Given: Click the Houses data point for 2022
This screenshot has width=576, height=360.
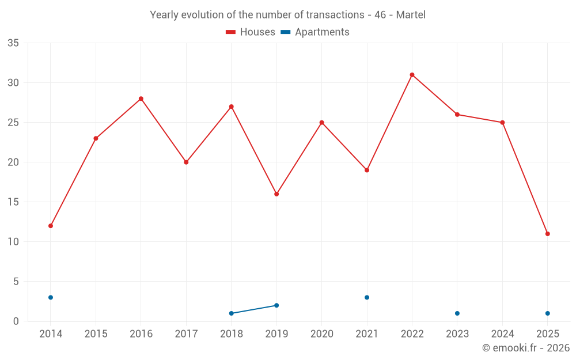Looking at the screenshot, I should pos(412,75).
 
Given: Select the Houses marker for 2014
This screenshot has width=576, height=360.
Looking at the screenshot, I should pos(51,226).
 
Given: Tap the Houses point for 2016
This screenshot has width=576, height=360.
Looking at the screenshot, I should pos(141,98).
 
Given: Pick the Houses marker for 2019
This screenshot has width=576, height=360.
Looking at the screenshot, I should pos(276,194).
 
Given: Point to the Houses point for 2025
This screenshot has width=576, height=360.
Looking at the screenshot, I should pos(547,234).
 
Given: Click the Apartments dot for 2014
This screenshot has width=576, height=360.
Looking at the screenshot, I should pos(51,297).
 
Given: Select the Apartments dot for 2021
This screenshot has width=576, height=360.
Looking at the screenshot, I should pos(367,297).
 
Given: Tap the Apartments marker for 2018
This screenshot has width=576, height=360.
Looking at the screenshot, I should pos(232,313).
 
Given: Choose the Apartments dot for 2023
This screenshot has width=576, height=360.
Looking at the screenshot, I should pos(457,313).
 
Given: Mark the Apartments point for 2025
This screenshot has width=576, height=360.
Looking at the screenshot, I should pos(547,313).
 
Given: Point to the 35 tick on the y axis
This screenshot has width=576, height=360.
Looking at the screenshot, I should pos(13,43).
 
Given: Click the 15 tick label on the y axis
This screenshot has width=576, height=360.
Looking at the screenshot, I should pos(13,202).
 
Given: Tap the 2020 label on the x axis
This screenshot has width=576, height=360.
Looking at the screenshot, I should pos(321,334).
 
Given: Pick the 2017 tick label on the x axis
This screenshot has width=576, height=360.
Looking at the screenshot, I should pos(186,334).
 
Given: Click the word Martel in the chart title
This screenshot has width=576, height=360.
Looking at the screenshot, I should pos(411,15).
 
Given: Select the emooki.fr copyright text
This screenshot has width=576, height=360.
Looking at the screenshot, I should pos(525,348).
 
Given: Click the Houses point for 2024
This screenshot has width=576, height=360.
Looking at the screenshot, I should pos(502,123).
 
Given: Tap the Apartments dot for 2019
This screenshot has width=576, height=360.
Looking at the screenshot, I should pos(276,305).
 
